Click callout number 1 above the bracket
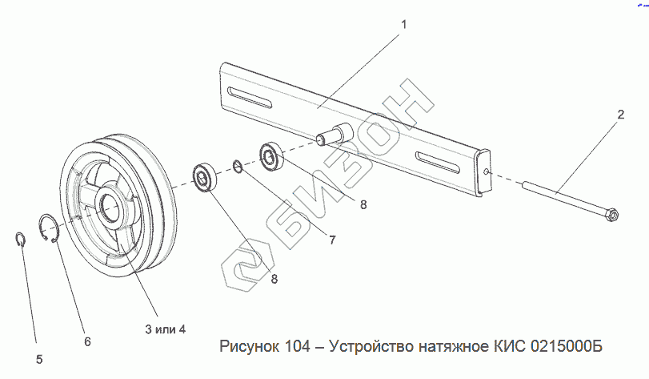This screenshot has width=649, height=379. click(404, 25)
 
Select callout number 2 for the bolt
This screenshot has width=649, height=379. click(620, 115)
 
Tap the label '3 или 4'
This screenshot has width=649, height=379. click(165, 329)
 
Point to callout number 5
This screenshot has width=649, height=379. click(39, 360)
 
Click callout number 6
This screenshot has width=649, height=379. click(87, 341)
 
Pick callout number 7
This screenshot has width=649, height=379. click(332, 240)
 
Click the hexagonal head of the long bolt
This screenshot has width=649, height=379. click(612, 215)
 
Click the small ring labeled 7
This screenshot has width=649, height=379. click(238, 167)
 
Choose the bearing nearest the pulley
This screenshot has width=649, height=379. click(203, 178)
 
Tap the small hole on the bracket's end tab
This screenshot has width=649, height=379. click(487, 171)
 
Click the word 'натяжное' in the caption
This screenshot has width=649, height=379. click(453, 347)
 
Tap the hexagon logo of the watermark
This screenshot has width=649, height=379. click(246, 266)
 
